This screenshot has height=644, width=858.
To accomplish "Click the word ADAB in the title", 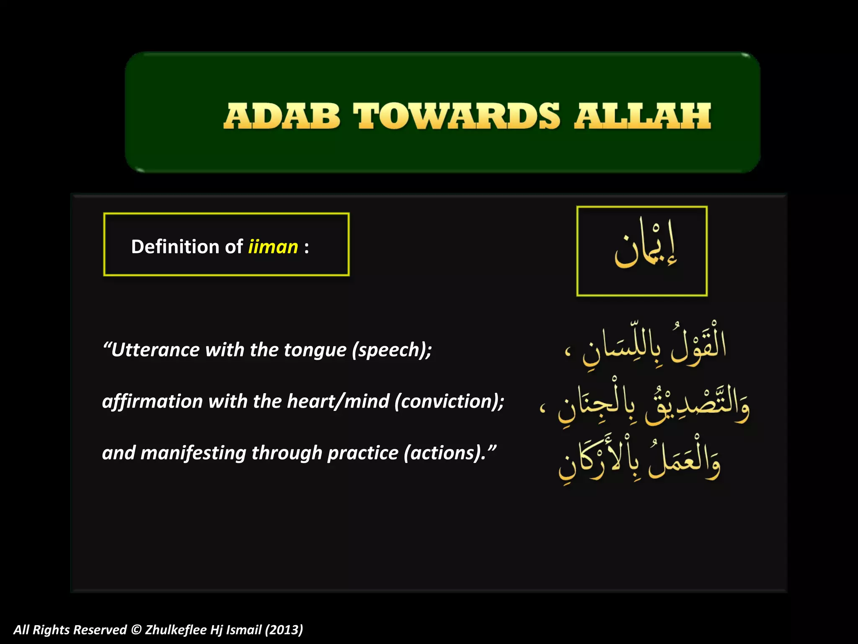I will click(x=282, y=117).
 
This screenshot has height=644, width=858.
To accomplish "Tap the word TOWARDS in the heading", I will click(x=456, y=117).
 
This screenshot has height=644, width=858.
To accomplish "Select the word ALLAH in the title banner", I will click(x=643, y=117).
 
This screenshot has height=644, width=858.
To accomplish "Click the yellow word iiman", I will click(x=273, y=247).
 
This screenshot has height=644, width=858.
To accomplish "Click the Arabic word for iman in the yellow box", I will click(x=645, y=246).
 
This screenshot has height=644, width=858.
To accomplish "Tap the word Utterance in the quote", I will click(x=155, y=350).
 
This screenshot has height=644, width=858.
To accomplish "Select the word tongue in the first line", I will click(x=315, y=350).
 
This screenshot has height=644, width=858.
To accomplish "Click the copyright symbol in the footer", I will click(x=136, y=630).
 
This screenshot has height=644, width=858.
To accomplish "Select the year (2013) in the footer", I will click(x=284, y=630).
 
